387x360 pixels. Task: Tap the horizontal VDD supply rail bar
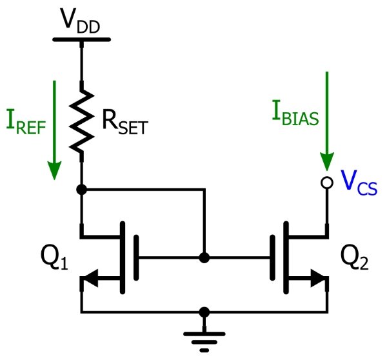click(x=81, y=38)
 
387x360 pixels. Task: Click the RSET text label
click(x=123, y=123)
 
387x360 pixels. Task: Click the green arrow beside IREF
click(x=54, y=129)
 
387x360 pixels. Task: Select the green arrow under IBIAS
click(x=327, y=123)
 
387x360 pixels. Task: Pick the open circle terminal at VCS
click(x=327, y=184)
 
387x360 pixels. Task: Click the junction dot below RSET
click(x=81, y=190)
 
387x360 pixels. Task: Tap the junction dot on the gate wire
click(x=204, y=257)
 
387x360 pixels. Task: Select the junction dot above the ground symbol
click(x=204, y=312)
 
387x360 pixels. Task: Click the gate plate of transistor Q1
click(x=136, y=257)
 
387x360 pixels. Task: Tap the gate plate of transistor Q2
click(x=273, y=257)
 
